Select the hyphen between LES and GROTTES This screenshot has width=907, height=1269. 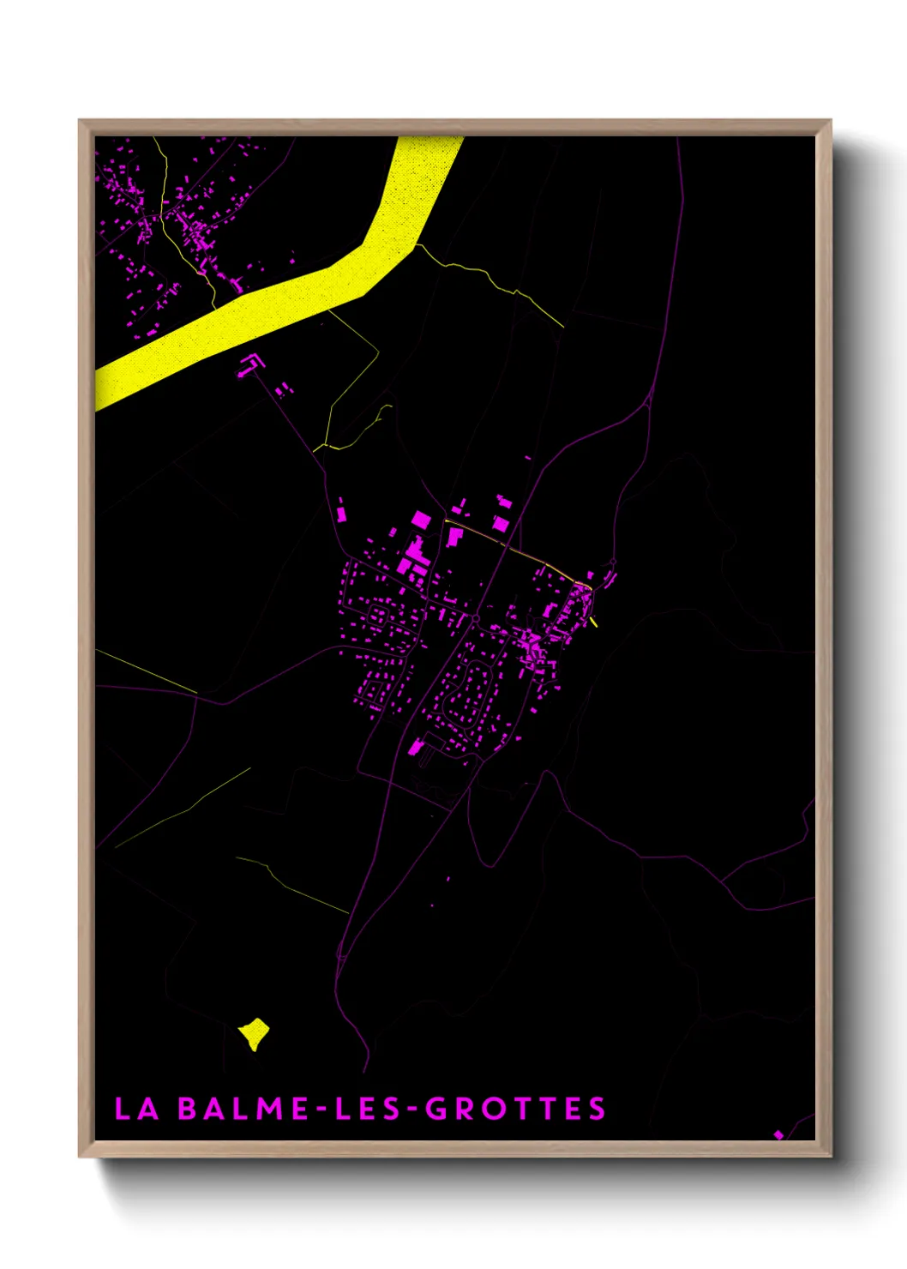tap(412, 1109)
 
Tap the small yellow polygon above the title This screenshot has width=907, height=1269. tap(254, 1032)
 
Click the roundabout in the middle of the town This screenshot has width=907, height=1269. tap(476, 617)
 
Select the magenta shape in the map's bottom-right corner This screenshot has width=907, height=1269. tap(778, 1134)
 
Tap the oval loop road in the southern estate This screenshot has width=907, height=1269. tap(467, 686)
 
